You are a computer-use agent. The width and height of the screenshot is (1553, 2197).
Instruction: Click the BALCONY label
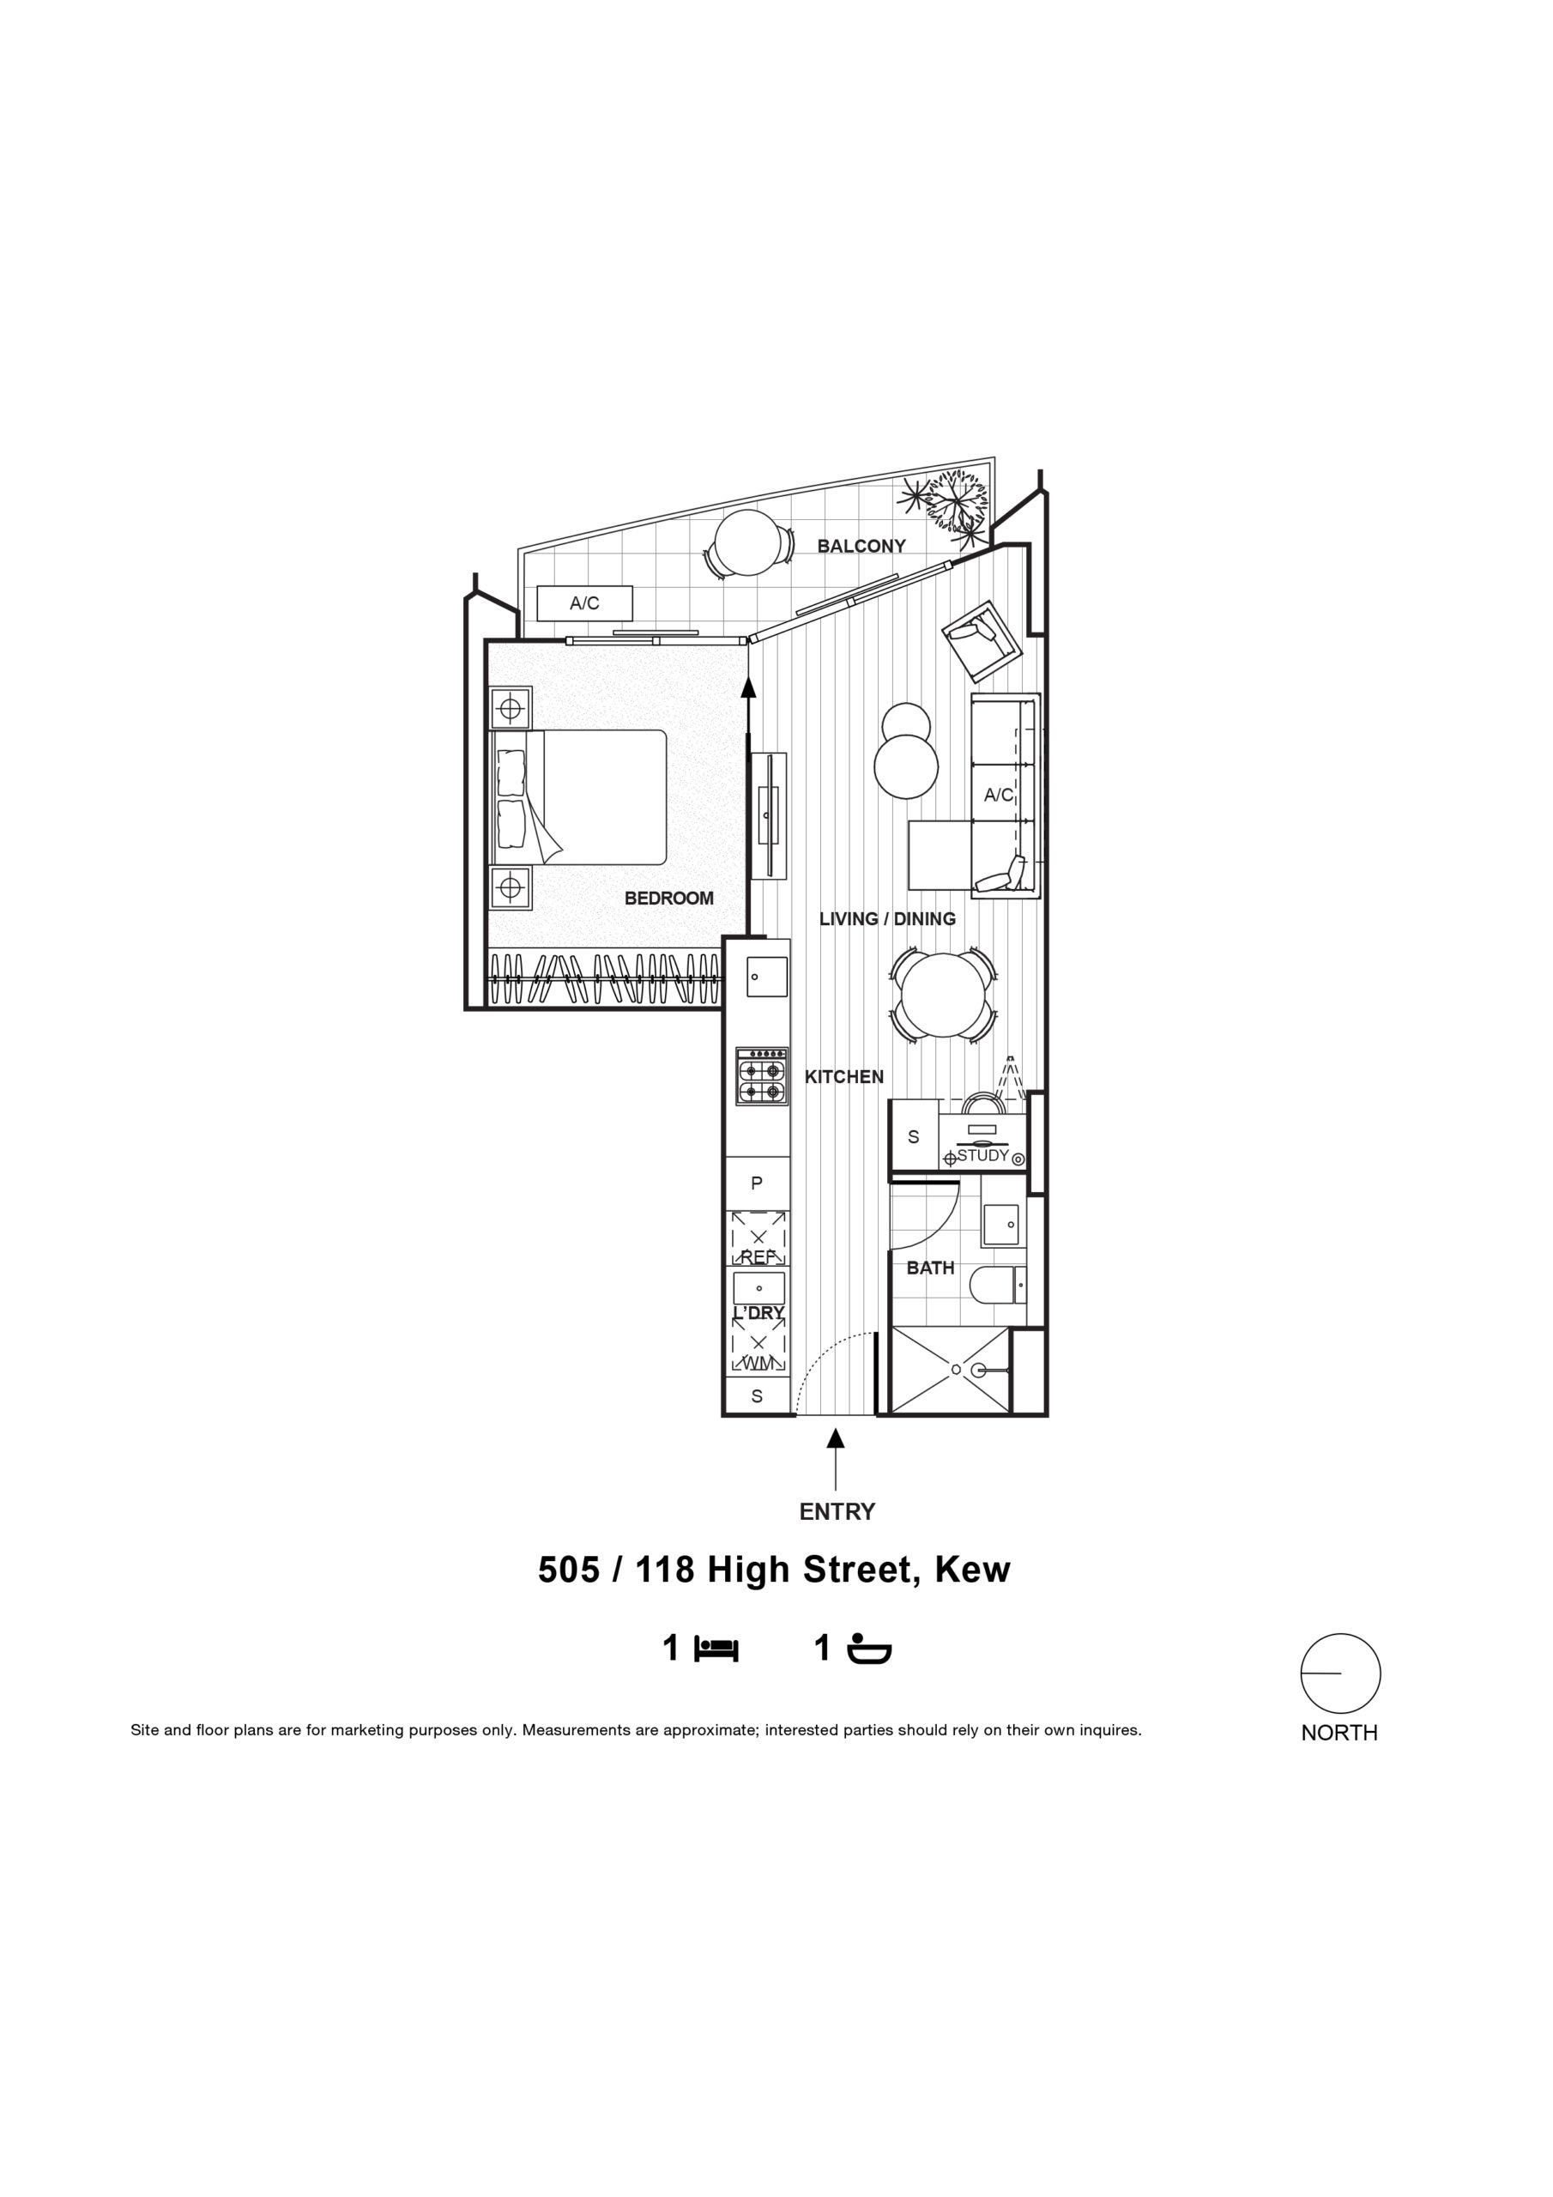pos(861,546)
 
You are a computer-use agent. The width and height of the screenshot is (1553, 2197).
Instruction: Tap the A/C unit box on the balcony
pos(584,602)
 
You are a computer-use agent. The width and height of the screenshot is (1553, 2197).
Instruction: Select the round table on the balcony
pos(748,542)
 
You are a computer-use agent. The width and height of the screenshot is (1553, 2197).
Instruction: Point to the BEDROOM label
pos(669,899)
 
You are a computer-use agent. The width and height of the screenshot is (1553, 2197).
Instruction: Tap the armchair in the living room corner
pos(982,639)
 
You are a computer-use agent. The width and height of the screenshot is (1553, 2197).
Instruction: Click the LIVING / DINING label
pos(887,918)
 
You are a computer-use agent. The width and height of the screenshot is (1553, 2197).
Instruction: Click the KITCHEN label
pos(844,1076)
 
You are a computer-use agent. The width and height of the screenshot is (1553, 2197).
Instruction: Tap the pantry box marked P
pos(757,1183)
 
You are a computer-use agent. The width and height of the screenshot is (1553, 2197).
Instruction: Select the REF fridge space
pos(758,1239)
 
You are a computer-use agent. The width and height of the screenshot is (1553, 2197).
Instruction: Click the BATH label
pos(930,1268)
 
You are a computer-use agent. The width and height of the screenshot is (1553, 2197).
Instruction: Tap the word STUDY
pos(982,1155)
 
